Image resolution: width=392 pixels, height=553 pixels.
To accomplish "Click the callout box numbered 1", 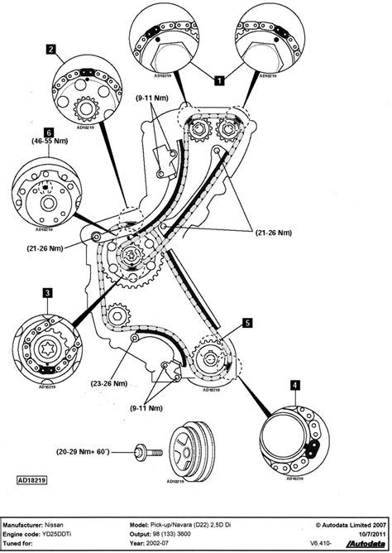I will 219,80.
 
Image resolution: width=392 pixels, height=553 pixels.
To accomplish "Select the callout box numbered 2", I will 51,50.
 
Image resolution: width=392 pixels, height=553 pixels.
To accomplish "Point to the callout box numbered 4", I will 294,384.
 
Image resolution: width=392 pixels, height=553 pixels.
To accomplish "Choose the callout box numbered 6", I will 50,132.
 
